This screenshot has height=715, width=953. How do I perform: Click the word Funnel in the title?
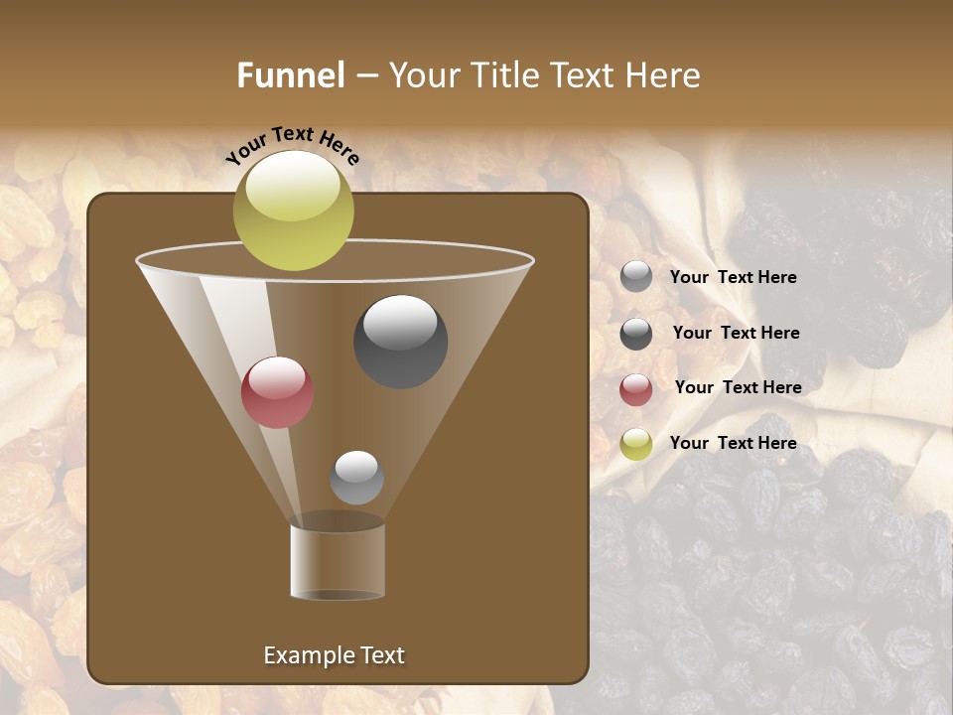[291, 75]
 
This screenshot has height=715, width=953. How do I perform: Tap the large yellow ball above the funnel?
[293, 211]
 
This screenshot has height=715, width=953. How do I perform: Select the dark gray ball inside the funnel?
[400, 341]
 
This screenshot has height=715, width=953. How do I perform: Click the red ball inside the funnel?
[277, 392]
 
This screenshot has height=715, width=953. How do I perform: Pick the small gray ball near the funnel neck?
[356, 477]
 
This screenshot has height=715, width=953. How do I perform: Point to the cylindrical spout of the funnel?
[338, 561]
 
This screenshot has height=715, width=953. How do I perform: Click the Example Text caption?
[334, 655]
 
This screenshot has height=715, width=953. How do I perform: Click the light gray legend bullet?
[636, 277]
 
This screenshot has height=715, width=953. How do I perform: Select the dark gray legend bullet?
[636, 334]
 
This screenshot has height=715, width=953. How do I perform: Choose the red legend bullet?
[636, 389]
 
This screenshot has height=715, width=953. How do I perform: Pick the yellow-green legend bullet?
[636, 444]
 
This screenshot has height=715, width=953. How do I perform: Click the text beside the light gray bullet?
[733, 278]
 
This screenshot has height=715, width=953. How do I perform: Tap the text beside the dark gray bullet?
[736, 334]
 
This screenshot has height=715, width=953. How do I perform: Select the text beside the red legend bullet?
[738, 387]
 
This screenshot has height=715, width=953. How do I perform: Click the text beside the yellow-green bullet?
[733, 443]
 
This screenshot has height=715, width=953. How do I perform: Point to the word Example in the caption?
[306, 655]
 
